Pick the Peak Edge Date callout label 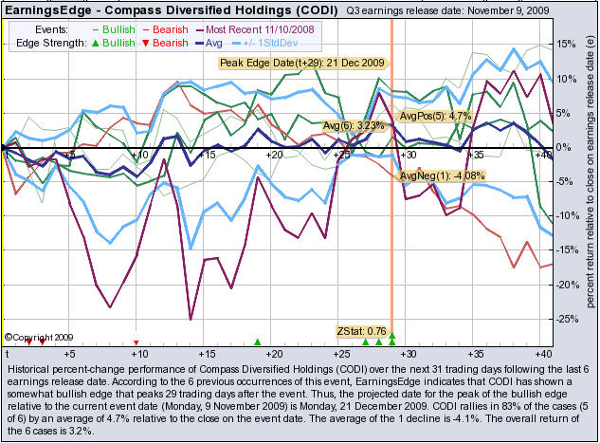tap(302, 64)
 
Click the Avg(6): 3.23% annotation tap(352, 124)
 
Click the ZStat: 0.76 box tap(361, 330)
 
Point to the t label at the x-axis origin tap(7, 353)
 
